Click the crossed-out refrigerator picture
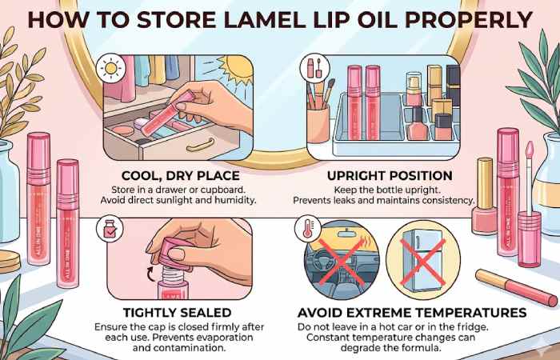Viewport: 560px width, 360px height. pos(422,257)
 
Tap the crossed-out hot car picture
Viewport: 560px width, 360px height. pos(342,258)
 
